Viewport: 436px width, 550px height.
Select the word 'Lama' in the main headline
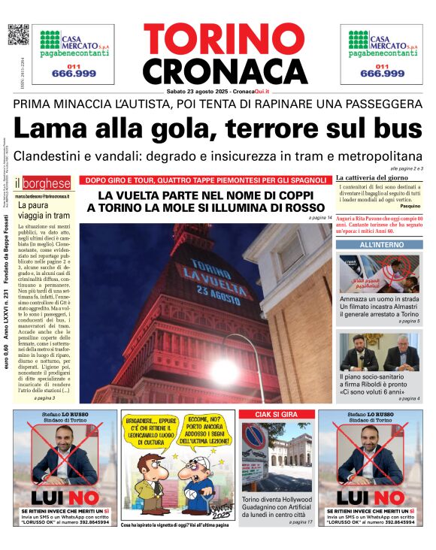pos(50,129)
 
